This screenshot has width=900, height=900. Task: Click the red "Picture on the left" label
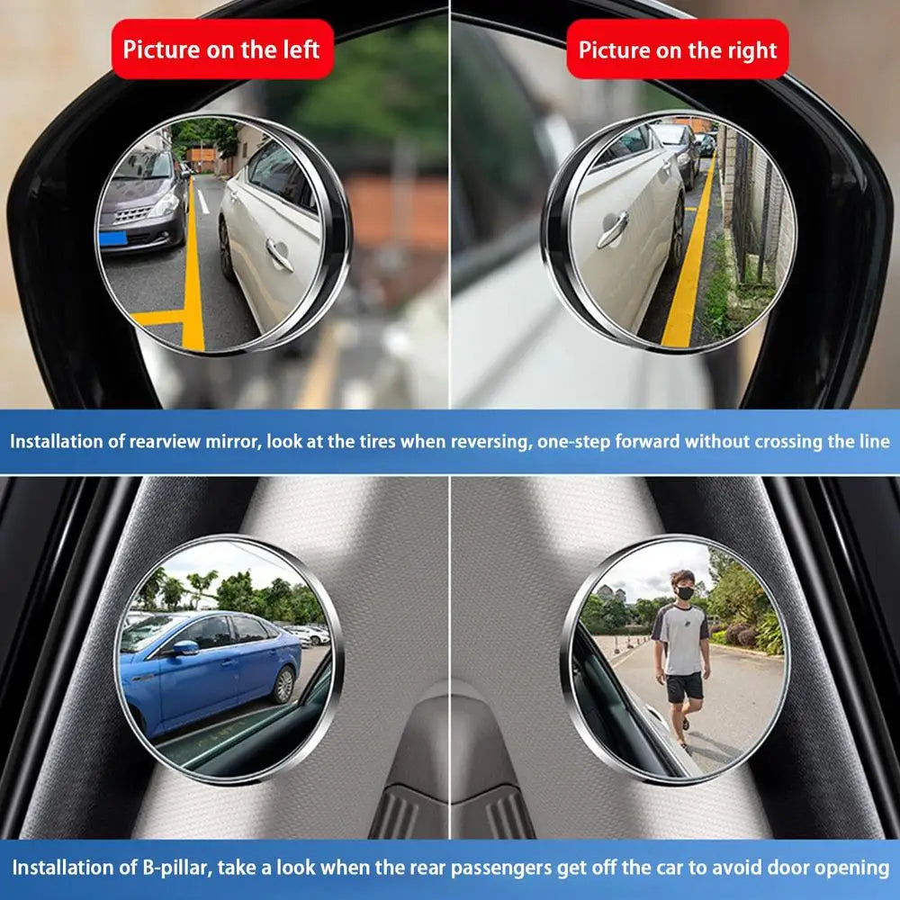[221, 49]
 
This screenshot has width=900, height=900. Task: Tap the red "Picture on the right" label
[678, 49]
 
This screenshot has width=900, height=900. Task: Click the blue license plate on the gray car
[112, 238]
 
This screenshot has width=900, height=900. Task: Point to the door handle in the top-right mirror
[611, 229]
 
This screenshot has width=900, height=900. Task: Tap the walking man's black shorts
[685, 688]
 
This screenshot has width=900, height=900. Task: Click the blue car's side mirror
[185, 647]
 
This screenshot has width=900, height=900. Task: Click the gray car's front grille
[132, 216]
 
